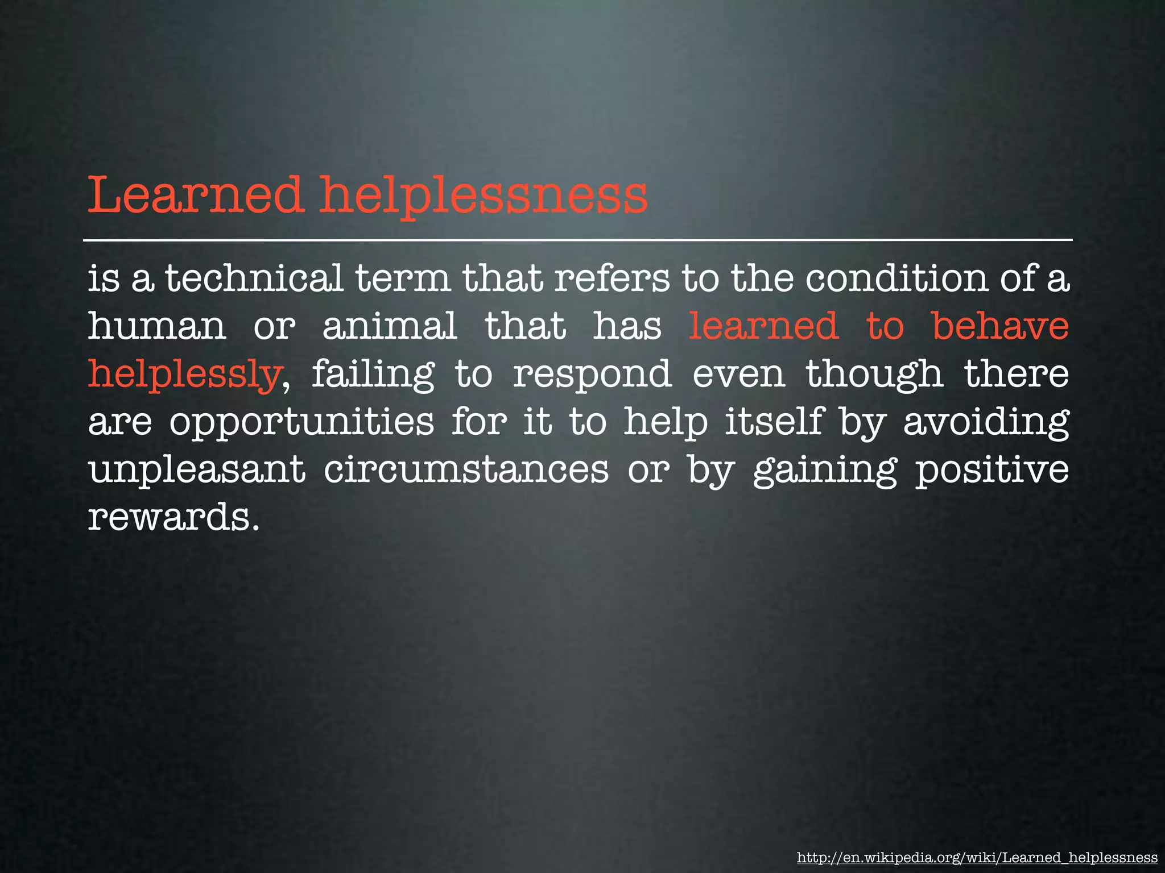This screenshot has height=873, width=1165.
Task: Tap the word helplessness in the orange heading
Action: (x=484, y=196)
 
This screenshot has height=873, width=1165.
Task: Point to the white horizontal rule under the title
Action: (x=577, y=240)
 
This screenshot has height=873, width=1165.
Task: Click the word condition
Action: (x=897, y=278)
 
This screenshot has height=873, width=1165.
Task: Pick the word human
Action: (x=157, y=326)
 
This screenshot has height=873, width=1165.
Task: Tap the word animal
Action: (x=390, y=326)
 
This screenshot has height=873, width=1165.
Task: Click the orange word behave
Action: (x=1001, y=326)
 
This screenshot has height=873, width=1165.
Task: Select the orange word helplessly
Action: (x=184, y=375)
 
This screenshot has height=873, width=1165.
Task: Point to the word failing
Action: (x=373, y=375)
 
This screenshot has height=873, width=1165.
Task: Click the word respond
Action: (x=592, y=375)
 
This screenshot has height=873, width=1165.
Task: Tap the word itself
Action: (x=774, y=422)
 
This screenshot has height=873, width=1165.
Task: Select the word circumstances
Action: (x=466, y=471)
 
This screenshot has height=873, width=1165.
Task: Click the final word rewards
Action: (x=169, y=518)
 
